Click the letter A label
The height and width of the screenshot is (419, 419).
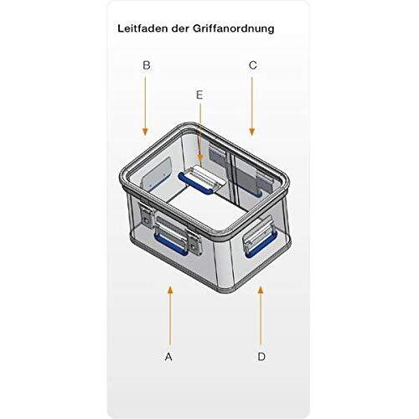click(168, 357)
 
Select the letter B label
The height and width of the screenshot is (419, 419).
click(147, 65)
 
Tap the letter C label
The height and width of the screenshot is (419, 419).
click(252, 65)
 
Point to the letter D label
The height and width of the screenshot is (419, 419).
click(261, 357)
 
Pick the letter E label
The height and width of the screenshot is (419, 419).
click(199, 96)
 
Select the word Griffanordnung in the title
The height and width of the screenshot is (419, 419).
click(234, 29)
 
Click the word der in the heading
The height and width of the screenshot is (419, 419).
click(180, 28)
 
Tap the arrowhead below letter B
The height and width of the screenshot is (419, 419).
click(145, 132)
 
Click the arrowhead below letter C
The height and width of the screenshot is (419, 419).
click(252, 132)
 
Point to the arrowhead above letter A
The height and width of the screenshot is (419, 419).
click(170, 290)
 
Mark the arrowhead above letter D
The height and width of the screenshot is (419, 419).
click(261, 290)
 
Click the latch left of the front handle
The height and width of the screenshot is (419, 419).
click(146, 216)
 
